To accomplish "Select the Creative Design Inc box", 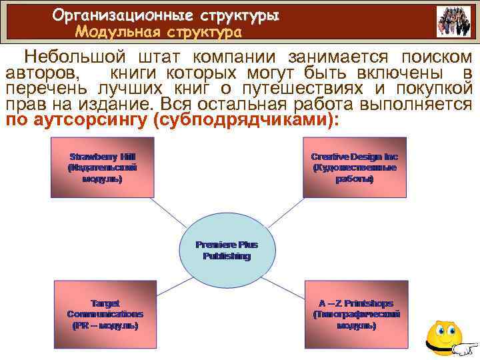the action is [354, 167].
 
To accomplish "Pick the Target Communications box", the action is [105, 313].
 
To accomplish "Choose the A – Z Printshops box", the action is [356, 313].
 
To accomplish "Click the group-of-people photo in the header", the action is [453, 21].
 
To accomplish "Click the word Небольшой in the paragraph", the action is [73, 58].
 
